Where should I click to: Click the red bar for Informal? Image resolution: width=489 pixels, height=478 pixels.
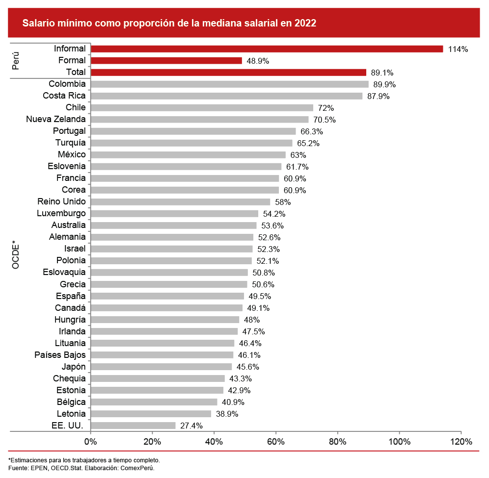267,49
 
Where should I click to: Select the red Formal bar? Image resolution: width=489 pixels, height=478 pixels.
166,60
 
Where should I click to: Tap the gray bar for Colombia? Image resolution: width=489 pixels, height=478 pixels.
229,84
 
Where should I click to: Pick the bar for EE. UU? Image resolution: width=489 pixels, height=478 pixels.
133,426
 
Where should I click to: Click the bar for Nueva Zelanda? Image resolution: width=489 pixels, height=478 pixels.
199,119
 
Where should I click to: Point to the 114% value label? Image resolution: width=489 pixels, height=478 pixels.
458,49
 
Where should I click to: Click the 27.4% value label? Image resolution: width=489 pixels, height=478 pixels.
191,426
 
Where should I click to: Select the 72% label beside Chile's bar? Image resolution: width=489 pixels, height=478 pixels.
326,108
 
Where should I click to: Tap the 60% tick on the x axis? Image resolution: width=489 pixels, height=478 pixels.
276,441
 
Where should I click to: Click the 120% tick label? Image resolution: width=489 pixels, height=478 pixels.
461,441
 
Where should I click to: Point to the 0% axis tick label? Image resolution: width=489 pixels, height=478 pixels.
91,441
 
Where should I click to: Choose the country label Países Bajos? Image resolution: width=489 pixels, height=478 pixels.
60,354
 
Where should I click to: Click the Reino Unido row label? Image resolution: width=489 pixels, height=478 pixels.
61,201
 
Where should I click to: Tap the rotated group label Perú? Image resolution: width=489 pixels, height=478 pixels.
16,60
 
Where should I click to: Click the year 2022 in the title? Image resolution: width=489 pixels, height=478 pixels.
305,23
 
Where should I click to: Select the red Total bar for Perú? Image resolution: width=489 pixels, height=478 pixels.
228,72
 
